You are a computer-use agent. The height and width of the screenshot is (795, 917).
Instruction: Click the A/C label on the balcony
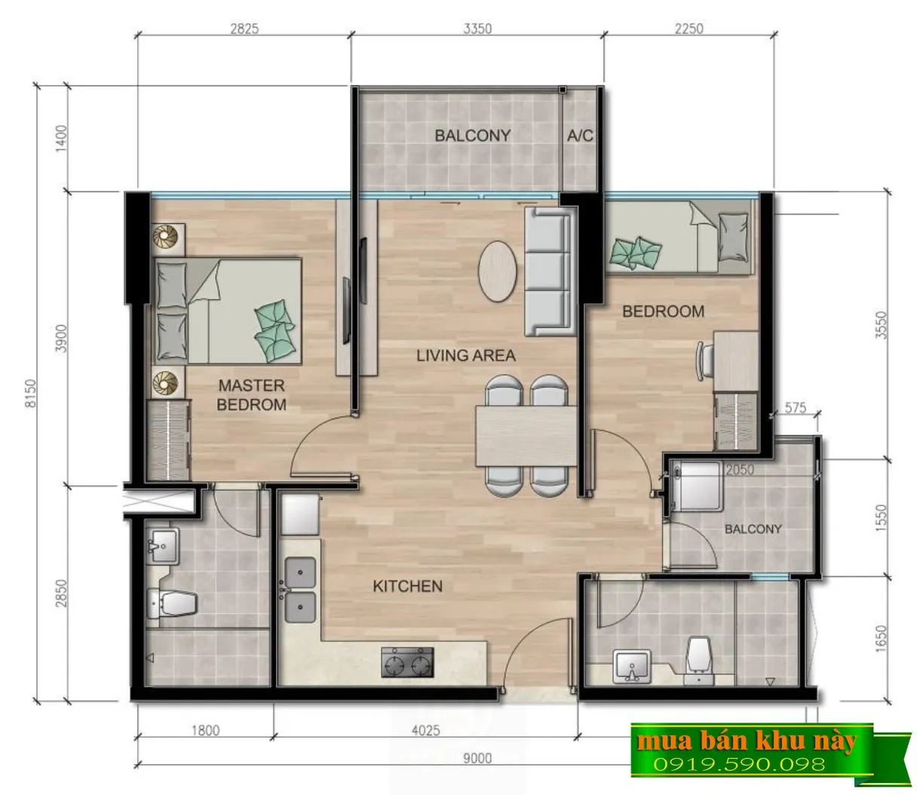click(580, 135)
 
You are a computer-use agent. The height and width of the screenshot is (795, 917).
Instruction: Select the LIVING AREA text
click(466, 355)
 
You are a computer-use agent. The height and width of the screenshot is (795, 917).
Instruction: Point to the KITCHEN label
click(407, 586)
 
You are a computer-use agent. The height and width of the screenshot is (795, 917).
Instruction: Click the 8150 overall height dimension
click(30, 393)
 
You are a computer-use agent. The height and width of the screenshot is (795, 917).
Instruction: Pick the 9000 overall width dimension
click(477, 758)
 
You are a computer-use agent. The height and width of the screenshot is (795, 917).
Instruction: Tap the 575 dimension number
click(796, 408)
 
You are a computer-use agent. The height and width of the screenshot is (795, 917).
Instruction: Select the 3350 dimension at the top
click(477, 29)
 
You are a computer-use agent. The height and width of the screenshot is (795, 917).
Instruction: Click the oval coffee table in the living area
click(497, 272)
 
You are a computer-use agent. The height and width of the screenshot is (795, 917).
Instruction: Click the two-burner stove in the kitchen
click(407, 663)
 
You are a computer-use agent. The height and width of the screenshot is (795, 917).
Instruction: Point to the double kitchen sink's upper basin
click(300, 572)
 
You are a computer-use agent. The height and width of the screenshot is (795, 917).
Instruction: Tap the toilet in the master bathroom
click(172, 603)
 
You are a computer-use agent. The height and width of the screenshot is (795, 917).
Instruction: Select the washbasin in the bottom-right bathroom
click(632, 666)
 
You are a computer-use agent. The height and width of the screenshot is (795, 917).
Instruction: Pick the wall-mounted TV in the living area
click(346, 311)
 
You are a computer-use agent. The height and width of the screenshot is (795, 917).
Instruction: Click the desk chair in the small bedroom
click(704, 361)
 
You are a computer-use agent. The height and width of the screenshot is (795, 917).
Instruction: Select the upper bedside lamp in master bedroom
click(165, 236)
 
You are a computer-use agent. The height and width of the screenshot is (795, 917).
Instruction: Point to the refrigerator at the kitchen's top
click(300, 515)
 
